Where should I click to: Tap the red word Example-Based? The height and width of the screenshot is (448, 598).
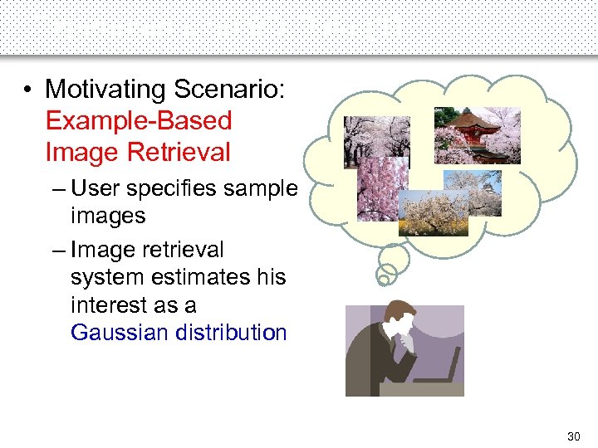coord(139,121)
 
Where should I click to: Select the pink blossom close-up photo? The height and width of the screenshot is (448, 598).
coord(382,189)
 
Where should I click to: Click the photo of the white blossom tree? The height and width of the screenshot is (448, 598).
coord(432,212)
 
